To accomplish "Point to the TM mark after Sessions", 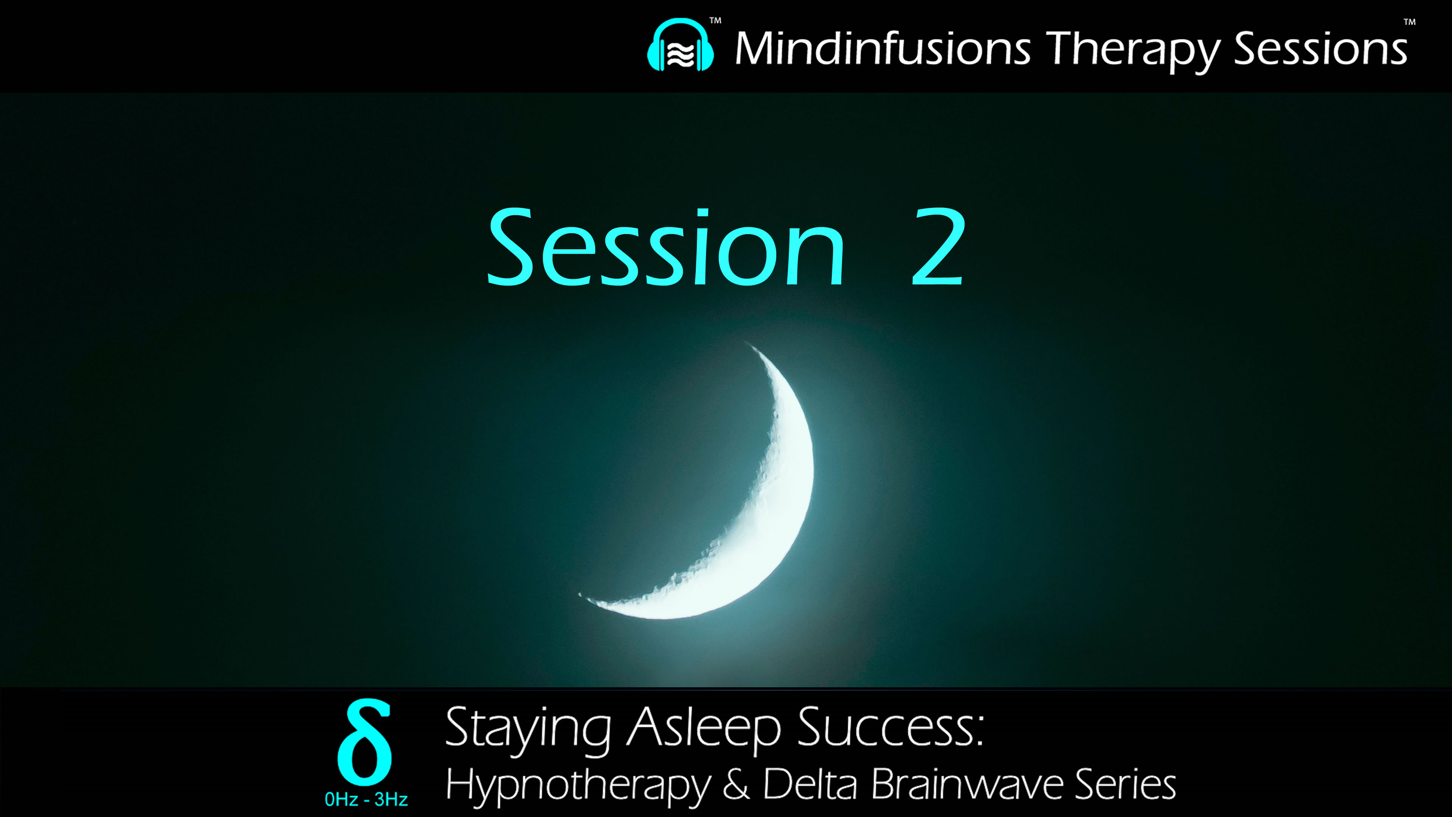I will [1409, 23].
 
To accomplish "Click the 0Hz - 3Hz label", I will [366, 799].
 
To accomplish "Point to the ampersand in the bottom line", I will [735, 784].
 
